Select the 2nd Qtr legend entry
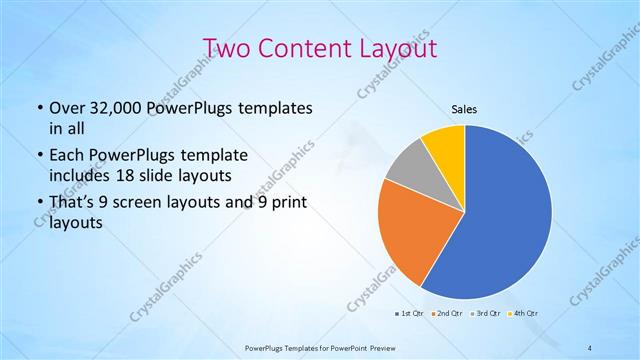point(447,314)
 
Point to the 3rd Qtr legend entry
point(486,314)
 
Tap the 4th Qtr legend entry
point(524,314)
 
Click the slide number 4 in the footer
point(589,347)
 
